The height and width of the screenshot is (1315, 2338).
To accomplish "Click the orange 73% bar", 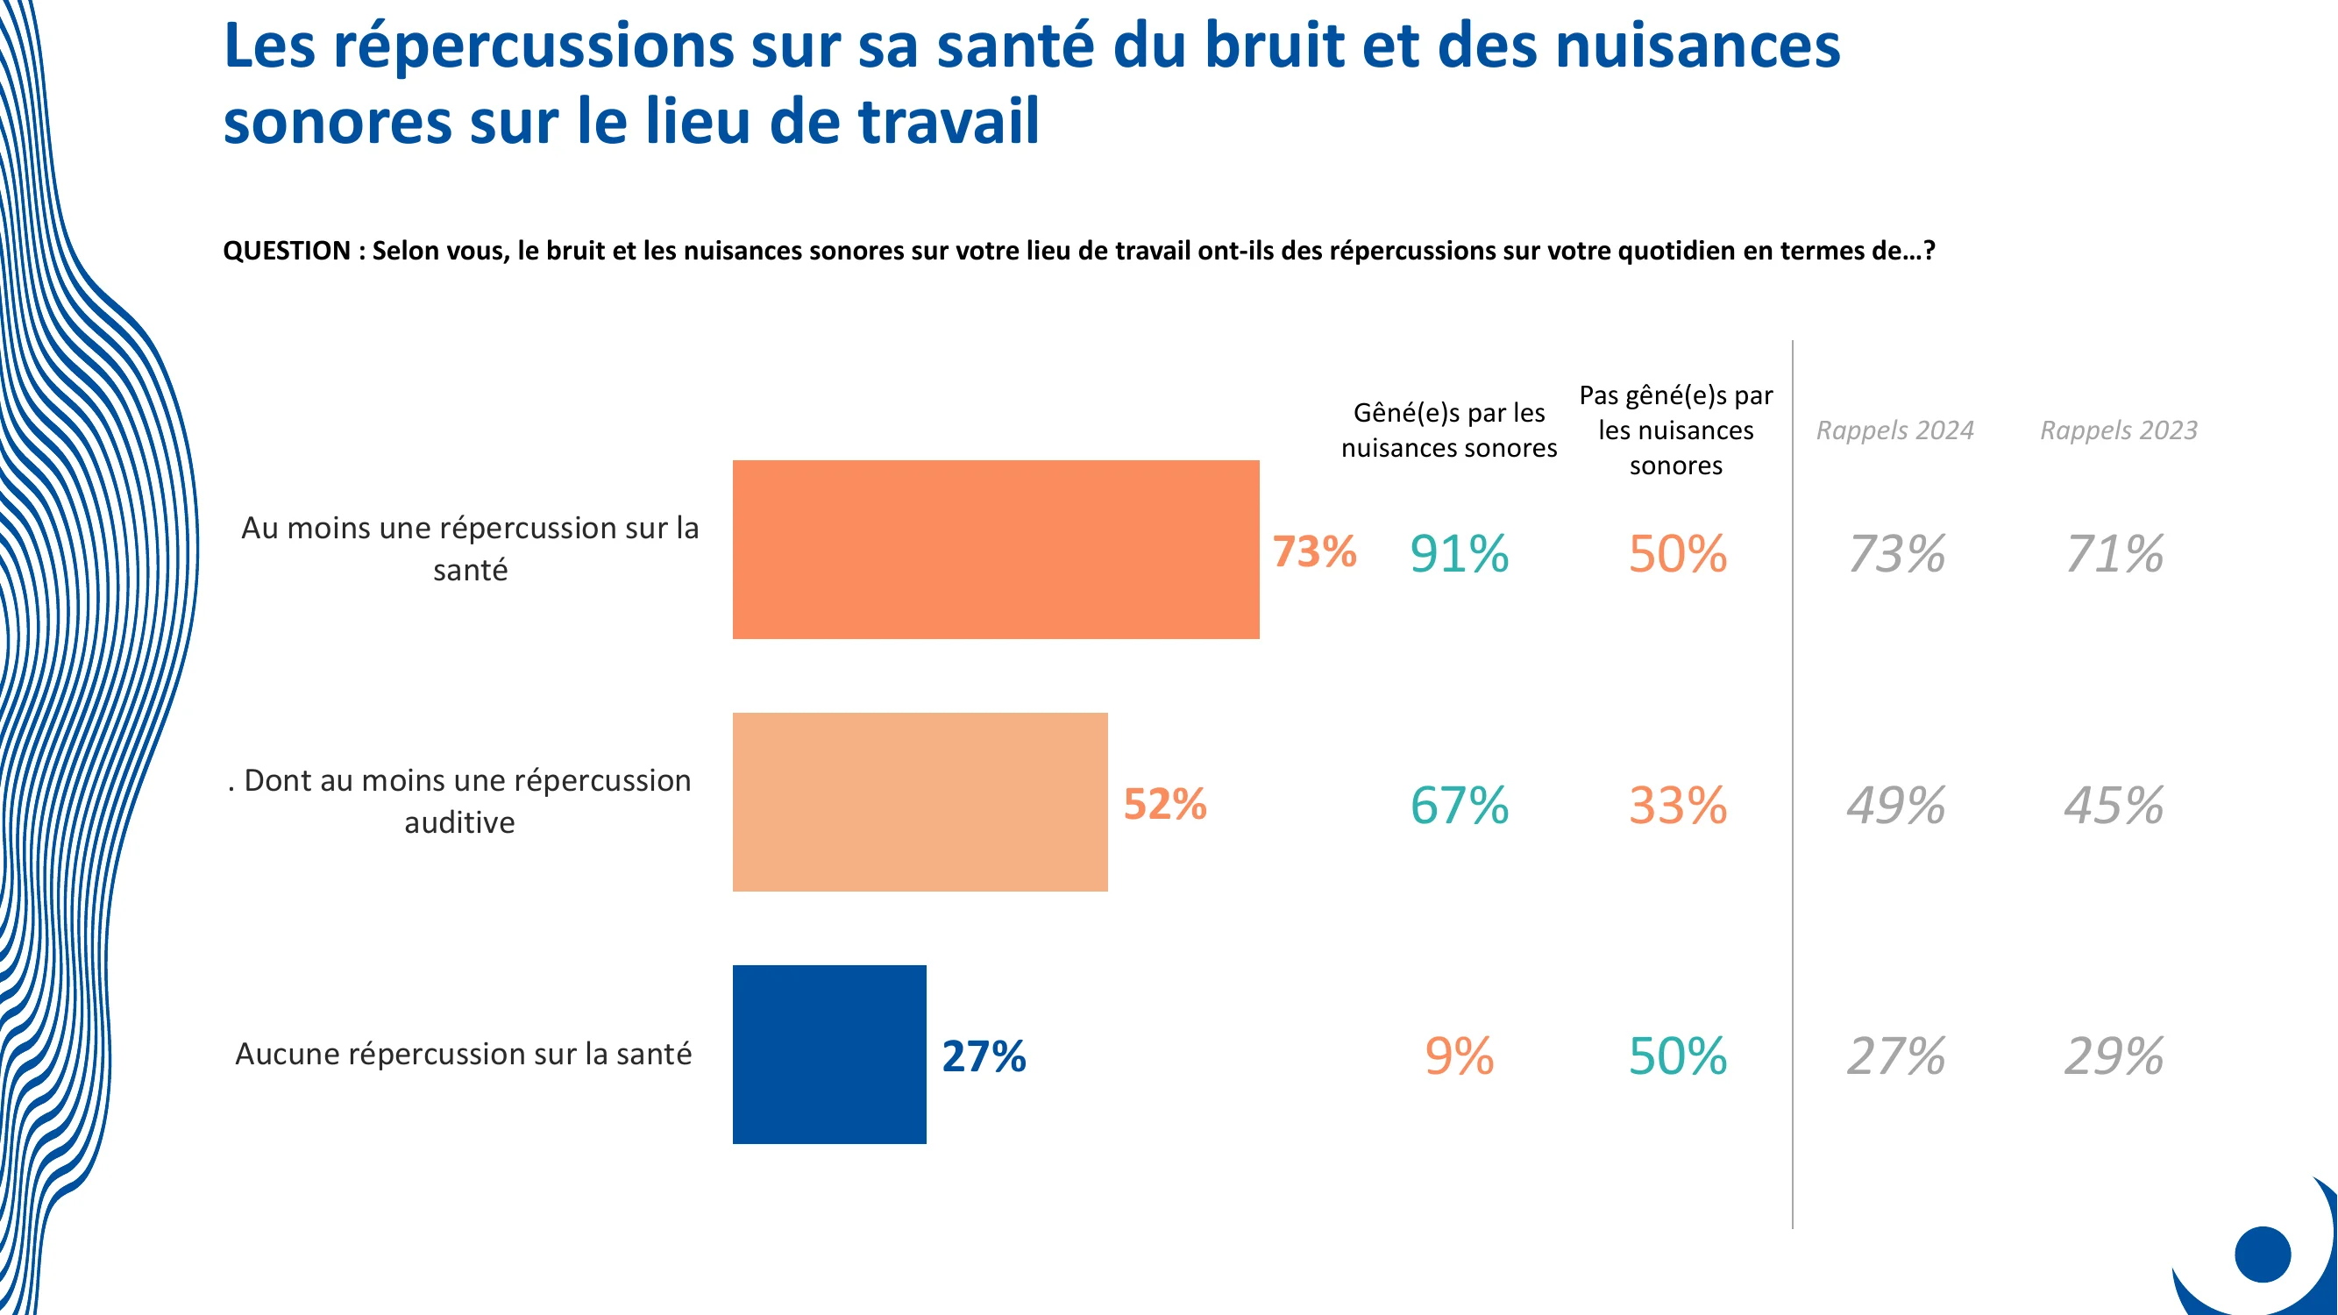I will pos(996,549).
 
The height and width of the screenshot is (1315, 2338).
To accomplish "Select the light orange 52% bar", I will pos(920,801).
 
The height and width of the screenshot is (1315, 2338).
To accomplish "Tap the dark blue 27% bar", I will pos(829,1054).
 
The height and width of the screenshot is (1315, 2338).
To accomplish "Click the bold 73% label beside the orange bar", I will pos(1313,551).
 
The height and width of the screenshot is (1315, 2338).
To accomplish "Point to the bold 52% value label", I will pos(1164,804).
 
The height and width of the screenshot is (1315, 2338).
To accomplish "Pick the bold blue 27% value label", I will pos(983,1056).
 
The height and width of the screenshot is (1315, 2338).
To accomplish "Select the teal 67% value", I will pos(1459,805).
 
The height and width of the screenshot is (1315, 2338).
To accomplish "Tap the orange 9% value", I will pos(1459,1056).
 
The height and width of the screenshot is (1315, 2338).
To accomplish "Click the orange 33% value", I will pos(1677,805).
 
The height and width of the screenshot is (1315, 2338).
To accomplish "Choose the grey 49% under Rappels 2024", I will pos(1895,805).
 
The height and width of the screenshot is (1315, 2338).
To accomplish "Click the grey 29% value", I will pos(2114,1056).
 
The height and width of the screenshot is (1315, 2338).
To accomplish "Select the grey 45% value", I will pos(2114,805).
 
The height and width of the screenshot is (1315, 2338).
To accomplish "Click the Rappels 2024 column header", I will pos(1894,430).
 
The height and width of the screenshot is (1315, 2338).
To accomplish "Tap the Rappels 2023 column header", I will pos(2118,430).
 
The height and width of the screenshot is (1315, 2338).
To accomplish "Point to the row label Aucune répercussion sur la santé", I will pos(463,1054).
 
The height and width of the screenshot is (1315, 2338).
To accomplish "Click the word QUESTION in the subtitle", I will pos(287,251).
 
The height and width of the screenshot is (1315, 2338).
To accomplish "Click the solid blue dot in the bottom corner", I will pos(2262,1255).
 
